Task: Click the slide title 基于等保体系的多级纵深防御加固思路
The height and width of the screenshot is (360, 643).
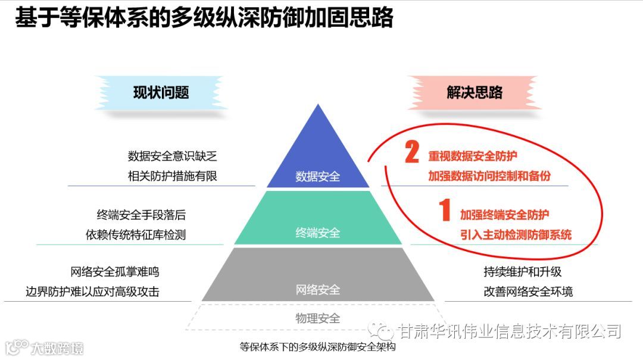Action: click(204, 18)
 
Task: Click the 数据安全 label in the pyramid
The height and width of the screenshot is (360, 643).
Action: click(318, 176)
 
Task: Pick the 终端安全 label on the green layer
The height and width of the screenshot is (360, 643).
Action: click(318, 233)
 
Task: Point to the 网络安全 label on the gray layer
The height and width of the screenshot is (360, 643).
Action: click(318, 290)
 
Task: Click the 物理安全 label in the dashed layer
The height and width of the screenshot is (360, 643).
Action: click(318, 318)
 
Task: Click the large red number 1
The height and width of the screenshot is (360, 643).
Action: click(445, 211)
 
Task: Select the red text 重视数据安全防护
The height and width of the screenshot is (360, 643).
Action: click(473, 156)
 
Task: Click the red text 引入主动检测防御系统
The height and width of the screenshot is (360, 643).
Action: click(516, 234)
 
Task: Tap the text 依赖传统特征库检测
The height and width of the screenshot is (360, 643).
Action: click(136, 234)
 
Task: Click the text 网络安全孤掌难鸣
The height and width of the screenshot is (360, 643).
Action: click(115, 272)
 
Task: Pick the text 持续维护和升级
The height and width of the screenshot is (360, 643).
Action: click(522, 272)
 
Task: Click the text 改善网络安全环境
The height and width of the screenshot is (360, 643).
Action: click(528, 292)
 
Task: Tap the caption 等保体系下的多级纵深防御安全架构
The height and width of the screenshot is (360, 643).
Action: click(317, 347)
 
